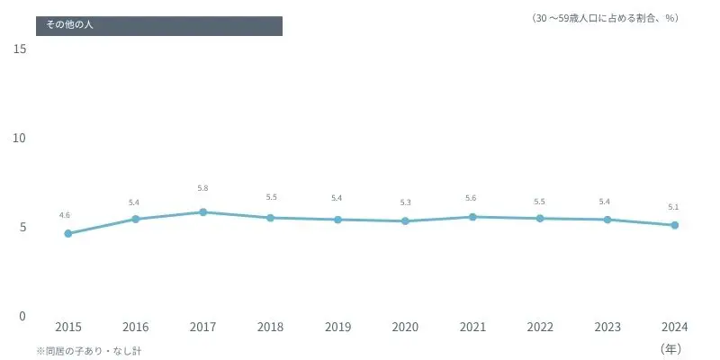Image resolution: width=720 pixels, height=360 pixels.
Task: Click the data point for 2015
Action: click(x=68, y=233)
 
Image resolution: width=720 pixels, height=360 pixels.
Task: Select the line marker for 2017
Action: click(x=203, y=212)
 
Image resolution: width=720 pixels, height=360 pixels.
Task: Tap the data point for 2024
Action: click(x=675, y=225)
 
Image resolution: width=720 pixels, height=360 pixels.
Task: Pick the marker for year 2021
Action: click(x=472, y=217)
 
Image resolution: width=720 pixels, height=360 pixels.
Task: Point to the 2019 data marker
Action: click(x=337, y=220)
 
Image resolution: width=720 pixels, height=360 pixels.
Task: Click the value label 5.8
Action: click(x=203, y=188)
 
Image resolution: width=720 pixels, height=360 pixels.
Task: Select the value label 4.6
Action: click(x=65, y=215)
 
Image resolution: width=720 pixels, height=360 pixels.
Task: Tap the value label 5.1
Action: click(x=673, y=207)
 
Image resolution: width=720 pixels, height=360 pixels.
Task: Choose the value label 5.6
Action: click(x=471, y=198)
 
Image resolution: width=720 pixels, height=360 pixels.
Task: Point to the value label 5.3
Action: click(x=405, y=202)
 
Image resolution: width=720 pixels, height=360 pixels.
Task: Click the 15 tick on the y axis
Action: click(x=21, y=49)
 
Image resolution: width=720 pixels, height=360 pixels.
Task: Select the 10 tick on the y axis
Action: click(x=21, y=138)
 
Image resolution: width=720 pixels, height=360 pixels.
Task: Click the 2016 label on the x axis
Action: click(x=136, y=328)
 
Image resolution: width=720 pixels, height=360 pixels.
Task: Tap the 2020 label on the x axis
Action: click(x=405, y=328)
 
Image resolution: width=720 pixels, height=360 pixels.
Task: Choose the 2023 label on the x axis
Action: click(x=607, y=328)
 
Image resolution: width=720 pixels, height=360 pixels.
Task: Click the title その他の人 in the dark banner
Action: click(x=69, y=25)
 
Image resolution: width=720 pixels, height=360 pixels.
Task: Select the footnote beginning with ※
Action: click(x=88, y=350)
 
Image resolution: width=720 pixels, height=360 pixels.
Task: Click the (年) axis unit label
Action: click(x=672, y=347)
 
